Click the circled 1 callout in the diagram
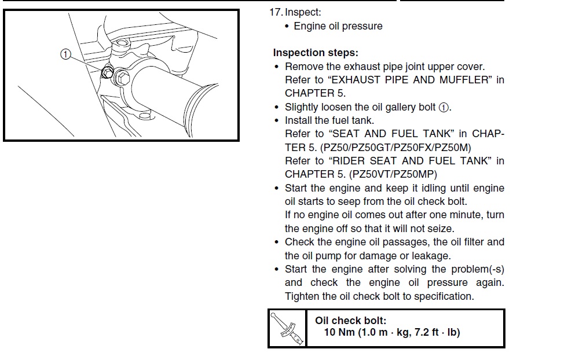65,54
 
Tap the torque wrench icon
287,329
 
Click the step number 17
275,12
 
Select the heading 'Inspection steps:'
316,53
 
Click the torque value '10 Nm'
339,332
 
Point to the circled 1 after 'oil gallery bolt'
444,108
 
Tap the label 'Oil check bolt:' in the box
351,321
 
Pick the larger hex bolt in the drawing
122,78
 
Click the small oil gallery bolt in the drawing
107,72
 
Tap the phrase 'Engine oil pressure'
338,27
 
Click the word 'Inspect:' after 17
303,12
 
